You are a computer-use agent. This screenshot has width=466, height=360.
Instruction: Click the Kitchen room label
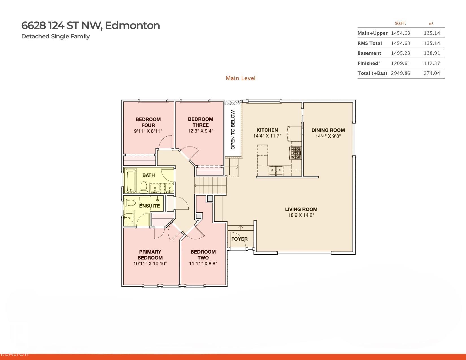click(267, 130)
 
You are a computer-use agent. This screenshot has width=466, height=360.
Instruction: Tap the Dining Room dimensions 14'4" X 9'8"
click(328, 136)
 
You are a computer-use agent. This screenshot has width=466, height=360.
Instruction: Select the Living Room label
click(301, 209)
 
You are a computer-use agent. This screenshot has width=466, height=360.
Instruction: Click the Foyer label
click(239, 239)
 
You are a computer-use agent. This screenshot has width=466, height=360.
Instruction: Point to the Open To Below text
click(233, 130)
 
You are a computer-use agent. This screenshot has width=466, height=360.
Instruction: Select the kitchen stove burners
click(295, 153)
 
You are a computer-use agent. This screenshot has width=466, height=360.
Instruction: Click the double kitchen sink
click(276, 171)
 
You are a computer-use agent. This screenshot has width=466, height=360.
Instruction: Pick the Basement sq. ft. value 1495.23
click(400, 53)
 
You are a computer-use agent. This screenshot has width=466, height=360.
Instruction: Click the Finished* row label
click(369, 63)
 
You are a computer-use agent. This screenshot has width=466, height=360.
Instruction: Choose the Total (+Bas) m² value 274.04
click(432, 73)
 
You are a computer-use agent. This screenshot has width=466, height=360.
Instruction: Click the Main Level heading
click(240, 78)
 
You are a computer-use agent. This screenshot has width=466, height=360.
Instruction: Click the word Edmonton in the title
click(132, 25)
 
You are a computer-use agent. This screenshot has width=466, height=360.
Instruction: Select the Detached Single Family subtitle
click(55, 36)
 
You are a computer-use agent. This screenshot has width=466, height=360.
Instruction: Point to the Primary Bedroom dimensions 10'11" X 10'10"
click(150, 263)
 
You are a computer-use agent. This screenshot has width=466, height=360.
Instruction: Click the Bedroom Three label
click(201, 122)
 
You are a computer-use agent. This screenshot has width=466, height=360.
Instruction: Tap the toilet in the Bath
click(143, 187)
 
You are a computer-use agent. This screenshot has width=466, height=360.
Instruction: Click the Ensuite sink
click(129, 218)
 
